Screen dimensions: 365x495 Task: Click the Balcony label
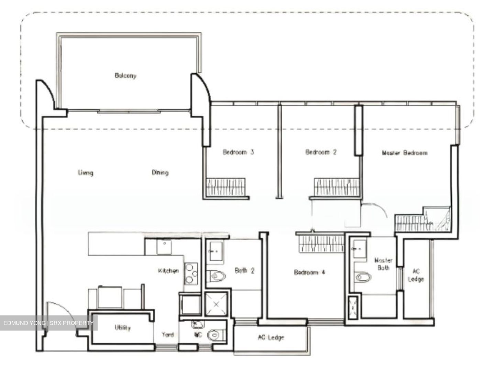coord(125,75)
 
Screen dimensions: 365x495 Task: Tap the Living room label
coord(86,172)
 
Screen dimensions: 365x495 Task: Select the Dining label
coord(160,172)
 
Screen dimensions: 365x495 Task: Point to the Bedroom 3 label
coord(238,152)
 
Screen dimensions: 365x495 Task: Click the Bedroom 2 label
coord(321,152)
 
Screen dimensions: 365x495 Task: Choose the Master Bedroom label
coord(405,153)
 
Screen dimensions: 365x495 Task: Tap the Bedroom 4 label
coord(309,272)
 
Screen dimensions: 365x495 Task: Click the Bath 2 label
coord(245,271)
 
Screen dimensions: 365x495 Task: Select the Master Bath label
coord(383,264)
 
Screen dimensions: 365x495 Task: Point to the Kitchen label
coord(168,271)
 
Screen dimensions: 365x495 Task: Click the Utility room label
coord(123,327)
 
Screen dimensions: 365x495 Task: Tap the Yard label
coord(168,334)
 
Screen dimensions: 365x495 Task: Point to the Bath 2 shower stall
coord(216,304)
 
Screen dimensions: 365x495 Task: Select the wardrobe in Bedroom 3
coord(225,188)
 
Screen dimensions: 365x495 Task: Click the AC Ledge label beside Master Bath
coord(416,275)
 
